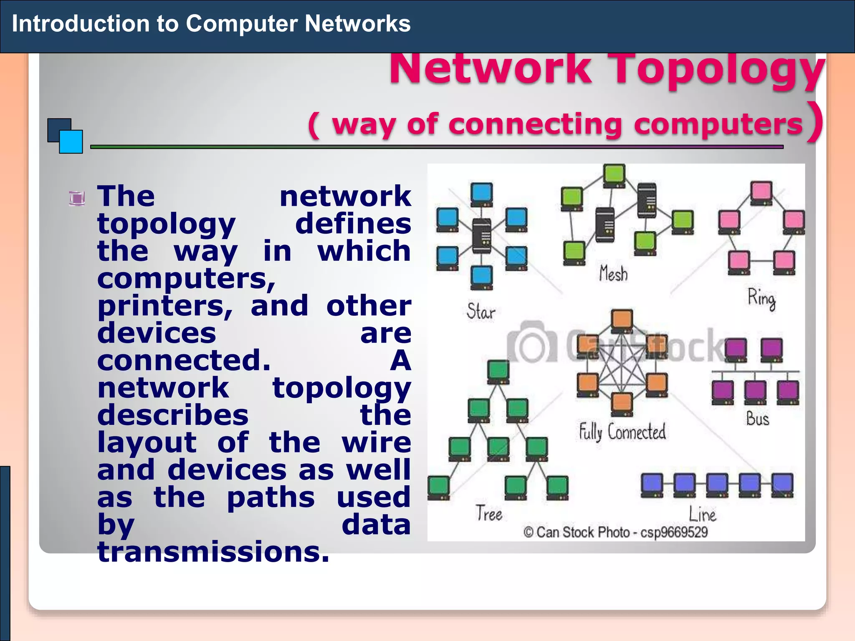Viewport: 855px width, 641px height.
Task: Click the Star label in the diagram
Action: (x=481, y=312)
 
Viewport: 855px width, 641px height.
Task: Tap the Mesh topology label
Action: (x=613, y=274)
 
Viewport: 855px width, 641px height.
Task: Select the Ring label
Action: (x=761, y=298)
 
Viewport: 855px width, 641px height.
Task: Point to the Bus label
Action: (x=757, y=419)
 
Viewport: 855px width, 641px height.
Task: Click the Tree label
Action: (x=489, y=514)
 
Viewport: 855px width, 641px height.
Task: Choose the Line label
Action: (x=702, y=514)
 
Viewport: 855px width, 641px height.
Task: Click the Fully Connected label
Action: (x=622, y=432)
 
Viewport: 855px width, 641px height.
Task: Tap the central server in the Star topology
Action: (x=481, y=236)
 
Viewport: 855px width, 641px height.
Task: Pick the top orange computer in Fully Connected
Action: (x=622, y=320)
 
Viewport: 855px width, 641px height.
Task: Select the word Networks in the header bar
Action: (x=357, y=23)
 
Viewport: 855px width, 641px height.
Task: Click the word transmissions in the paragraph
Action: (x=213, y=552)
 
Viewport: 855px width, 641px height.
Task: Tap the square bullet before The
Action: (x=77, y=198)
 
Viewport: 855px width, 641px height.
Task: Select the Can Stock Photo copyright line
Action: (x=616, y=532)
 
